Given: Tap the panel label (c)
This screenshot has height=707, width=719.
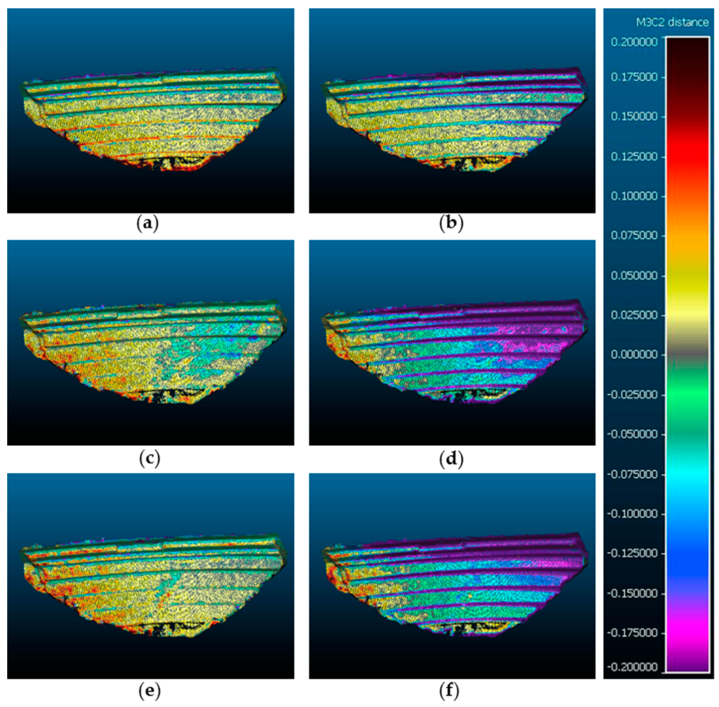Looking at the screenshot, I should click(x=149, y=459).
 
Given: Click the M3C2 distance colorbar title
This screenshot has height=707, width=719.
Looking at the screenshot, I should click(x=672, y=23).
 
